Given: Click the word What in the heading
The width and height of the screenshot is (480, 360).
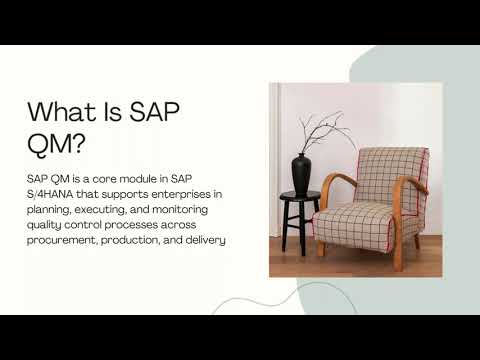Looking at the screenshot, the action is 61,112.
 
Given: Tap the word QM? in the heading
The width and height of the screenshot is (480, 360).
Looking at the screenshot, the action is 56,144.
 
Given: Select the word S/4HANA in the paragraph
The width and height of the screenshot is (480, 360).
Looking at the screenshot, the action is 50,194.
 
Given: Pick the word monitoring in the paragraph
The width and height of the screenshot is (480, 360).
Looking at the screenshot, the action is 180,210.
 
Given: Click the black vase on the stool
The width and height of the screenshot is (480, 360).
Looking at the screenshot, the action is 301,173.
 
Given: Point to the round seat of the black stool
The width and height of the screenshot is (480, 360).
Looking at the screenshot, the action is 300,196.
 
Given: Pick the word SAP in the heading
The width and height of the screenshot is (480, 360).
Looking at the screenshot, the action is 154,112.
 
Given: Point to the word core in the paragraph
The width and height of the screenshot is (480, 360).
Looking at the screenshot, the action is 104,179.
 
